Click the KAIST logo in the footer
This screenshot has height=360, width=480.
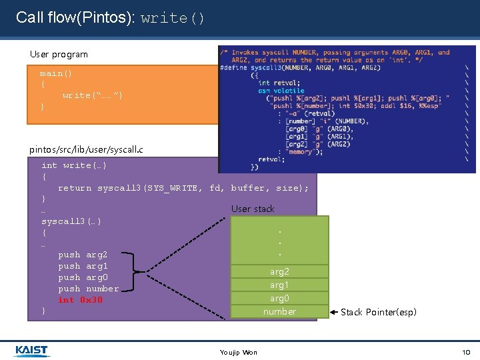click(31, 351)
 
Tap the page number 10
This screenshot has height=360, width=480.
click(466, 352)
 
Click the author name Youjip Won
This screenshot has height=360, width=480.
click(239, 352)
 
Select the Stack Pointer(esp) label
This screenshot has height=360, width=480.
click(378, 312)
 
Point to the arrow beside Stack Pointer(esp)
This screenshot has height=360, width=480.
click(335, 311)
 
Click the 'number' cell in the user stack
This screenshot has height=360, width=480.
click(279, 311)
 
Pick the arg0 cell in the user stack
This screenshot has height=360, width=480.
click(279, 298)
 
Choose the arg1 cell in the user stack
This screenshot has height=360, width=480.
click(279, 285)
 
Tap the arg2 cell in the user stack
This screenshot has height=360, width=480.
click(279, 271)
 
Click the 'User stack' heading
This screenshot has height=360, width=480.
click(253, 209)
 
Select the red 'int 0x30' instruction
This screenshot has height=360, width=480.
click(80, 300)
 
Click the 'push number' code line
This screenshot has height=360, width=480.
click(88, 289)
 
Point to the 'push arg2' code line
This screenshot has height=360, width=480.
click(83, 255)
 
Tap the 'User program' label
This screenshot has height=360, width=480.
click(59, 54)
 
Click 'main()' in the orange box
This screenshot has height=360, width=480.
click(56, 73)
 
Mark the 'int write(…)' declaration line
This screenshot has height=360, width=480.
click(74, 165)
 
